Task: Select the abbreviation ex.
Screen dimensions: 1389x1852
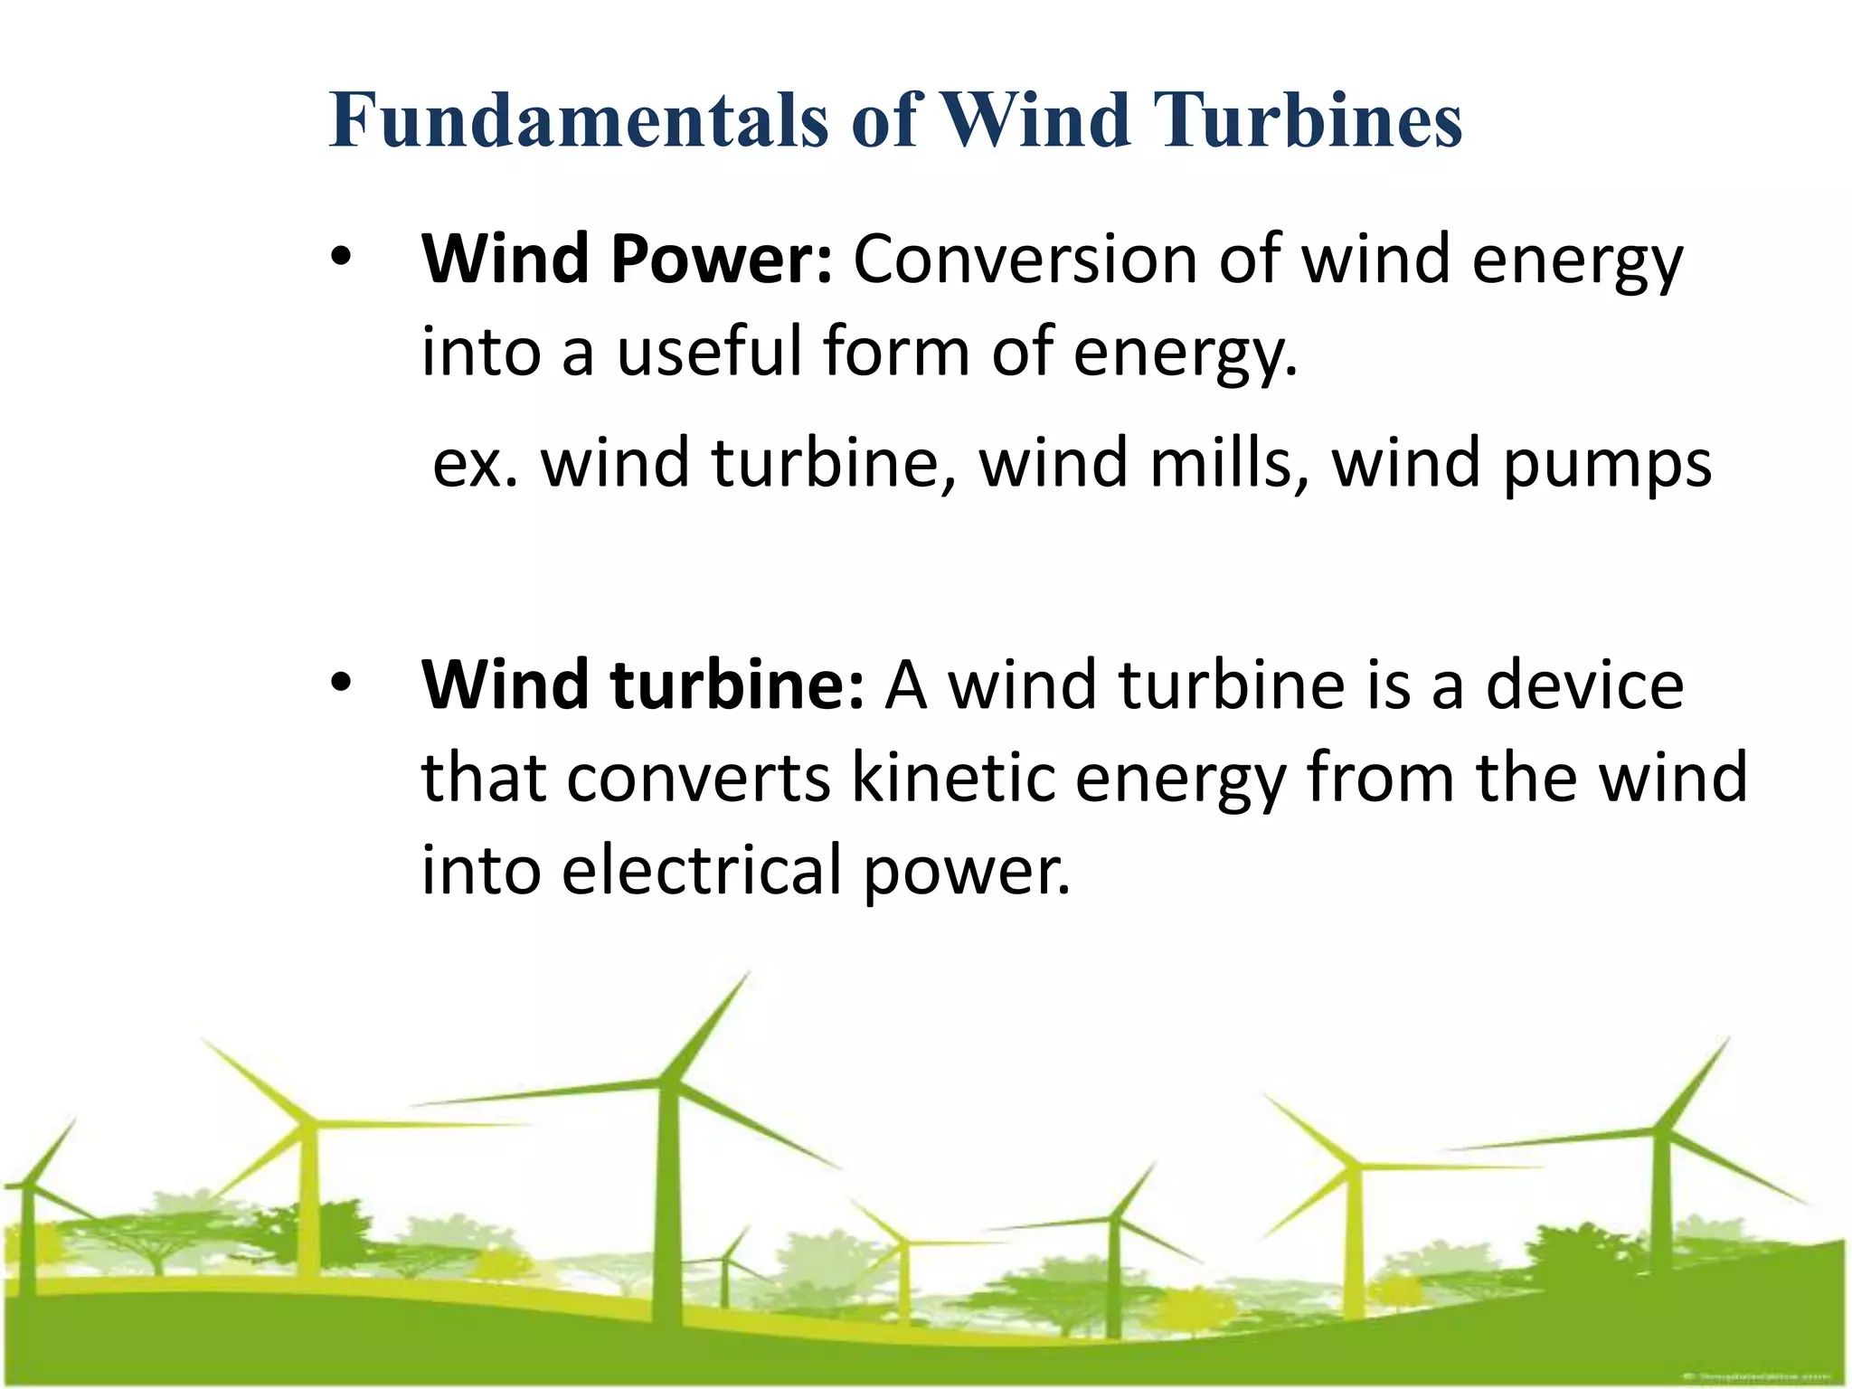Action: [x=476, y=463]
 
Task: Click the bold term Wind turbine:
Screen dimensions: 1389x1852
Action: [x=643, y=685]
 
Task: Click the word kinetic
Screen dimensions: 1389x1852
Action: [x=953, y=777]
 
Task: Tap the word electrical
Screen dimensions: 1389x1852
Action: [x=701, y=869]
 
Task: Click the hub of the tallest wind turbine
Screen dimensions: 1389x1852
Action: [x=668, y=1082]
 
